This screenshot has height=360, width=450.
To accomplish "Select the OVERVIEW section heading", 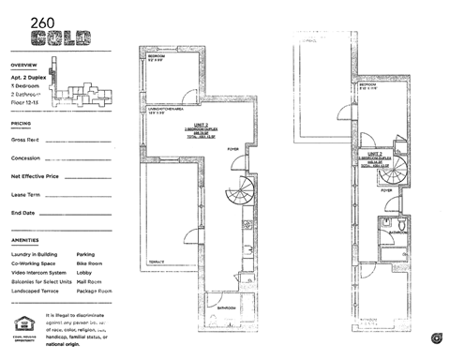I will click(23, 66).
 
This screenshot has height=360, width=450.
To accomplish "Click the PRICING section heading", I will click(21, 123).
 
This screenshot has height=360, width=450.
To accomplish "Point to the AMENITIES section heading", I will click(25, 240).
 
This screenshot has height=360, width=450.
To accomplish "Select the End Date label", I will click(23, 213).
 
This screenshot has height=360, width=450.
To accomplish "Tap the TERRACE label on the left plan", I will click(157, 261).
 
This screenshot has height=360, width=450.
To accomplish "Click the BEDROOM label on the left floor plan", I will click(157, 56).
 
